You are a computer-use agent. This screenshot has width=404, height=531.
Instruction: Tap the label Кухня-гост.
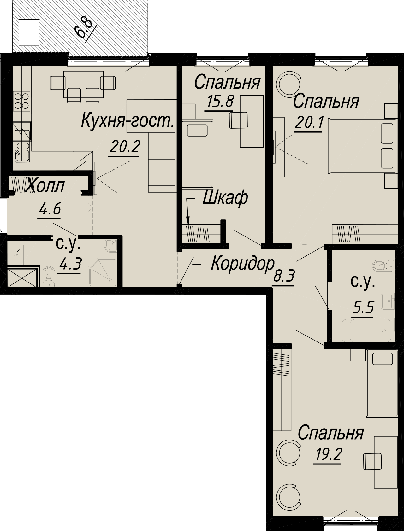pyautogui.click(x=128, y=121)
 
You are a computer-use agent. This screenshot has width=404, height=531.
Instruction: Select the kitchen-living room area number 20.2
pyautogui.click(x=124, y=147)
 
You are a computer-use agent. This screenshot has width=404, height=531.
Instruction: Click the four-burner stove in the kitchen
pyautogui.click(x=21, y=100)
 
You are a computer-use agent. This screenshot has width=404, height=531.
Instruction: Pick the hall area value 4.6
pyautogui.click(x=50, y=209)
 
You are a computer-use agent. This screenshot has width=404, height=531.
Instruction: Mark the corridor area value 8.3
pyautogui.click(x=284, y=277)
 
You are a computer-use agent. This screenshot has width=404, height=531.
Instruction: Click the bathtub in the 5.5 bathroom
pyautogui.click(x=365, y=330)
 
